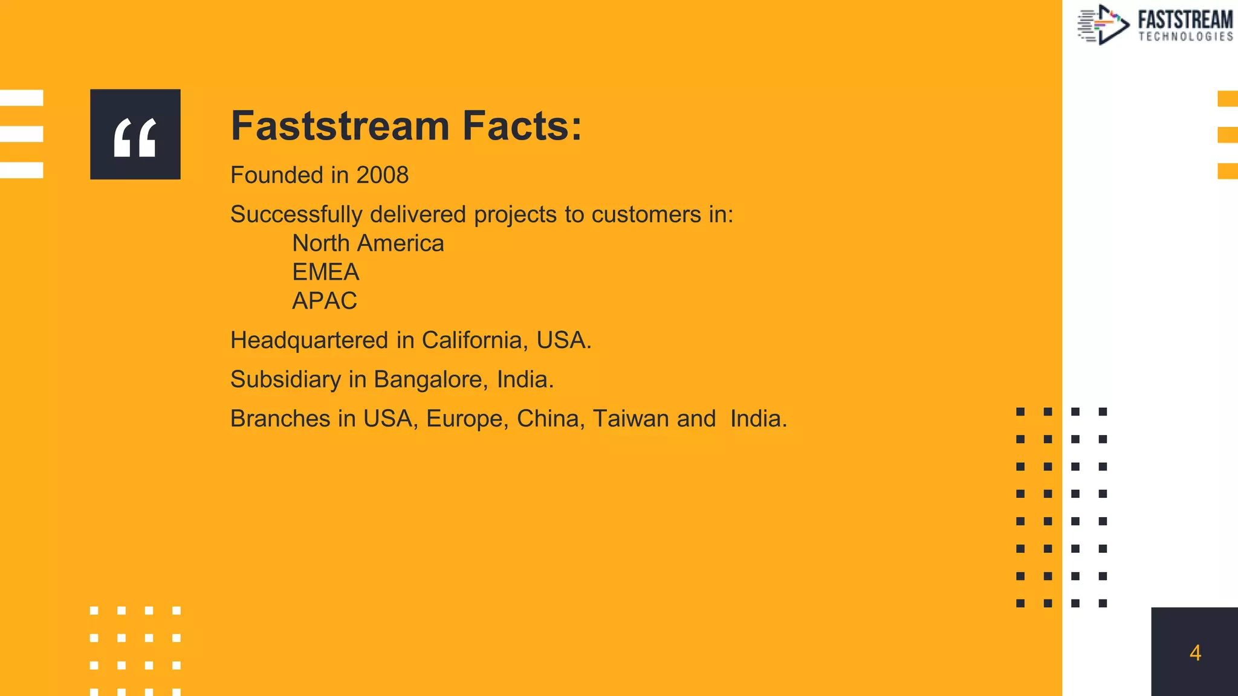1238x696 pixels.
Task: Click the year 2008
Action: [382, 175]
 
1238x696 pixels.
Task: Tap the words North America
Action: [368, 243]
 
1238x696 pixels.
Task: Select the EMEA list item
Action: [325, 272]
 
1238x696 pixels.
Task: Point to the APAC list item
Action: [324, 301]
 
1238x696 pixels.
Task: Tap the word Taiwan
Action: [630, 419]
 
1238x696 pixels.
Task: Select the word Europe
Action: [467, 419]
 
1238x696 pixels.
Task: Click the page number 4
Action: [1194, 652]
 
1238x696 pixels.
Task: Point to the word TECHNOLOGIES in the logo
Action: [1185, 37]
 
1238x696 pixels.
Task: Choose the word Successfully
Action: [296, 215]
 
